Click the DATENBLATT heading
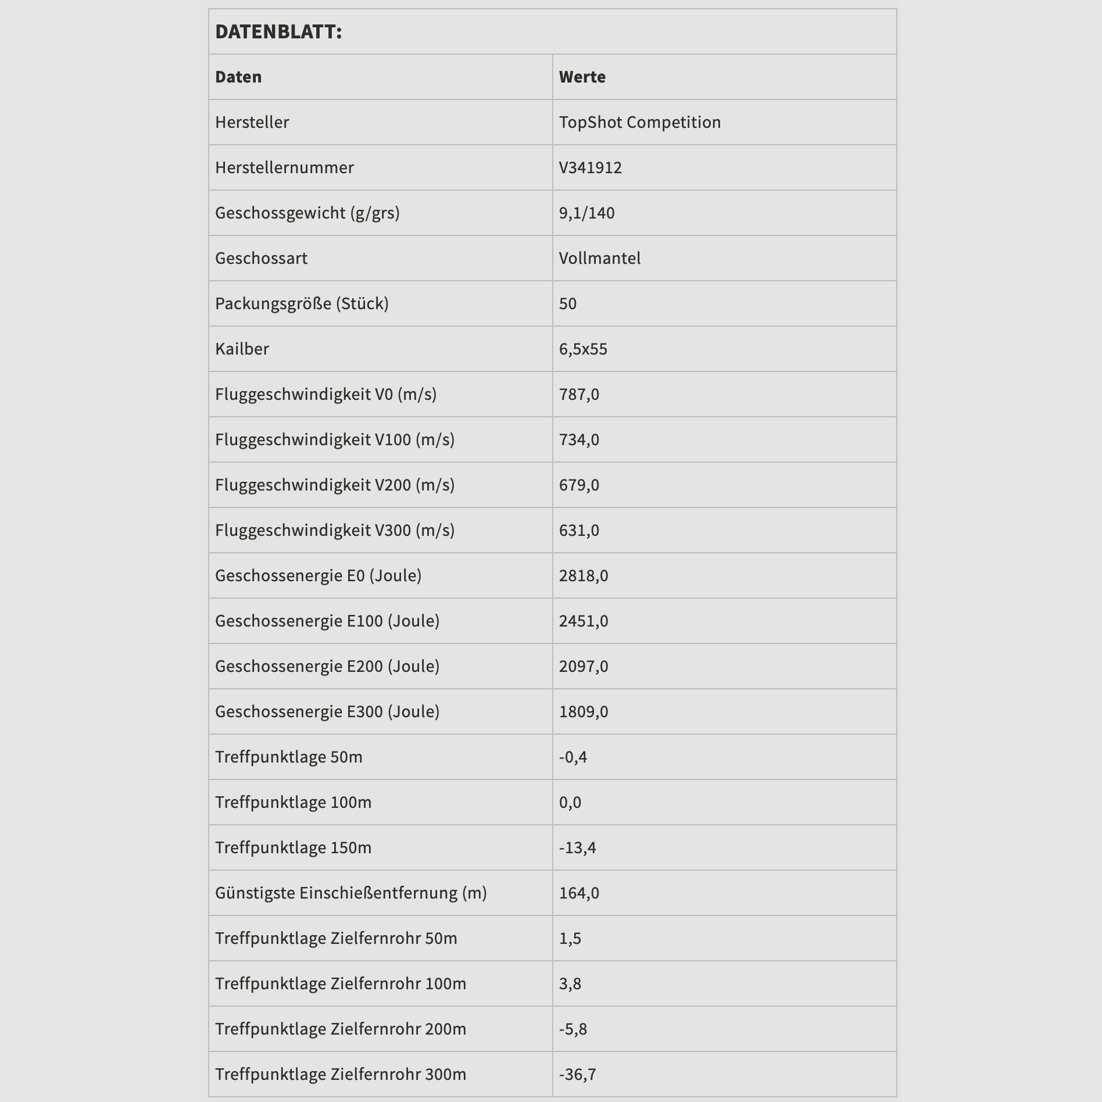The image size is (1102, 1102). pyautogui.click(x=278, y=32)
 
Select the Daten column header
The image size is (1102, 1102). pyautogui.click(x=238, y=77)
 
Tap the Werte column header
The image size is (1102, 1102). pyautogui.click(x=582, y=77)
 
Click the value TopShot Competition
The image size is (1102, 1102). pyautogui.click(x=639, y=122)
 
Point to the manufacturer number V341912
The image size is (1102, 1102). pyautogui.click(x=590, y=167)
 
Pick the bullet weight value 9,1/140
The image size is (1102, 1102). pyautogui.click(x=586, y=213)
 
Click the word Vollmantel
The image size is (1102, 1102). pyautogui.click(x=599, y=258)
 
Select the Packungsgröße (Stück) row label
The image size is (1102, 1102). pyautogui.click(x=302, y=303)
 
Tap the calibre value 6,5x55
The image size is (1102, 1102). pyautogui.click(x=583, y=349)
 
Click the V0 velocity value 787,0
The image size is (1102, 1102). pyautogui.click(x=579, y=394)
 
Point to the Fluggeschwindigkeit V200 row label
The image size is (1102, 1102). pyautogui.click(x=335, y=485)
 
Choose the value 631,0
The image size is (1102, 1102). pyautogui.click(x=579, y=530)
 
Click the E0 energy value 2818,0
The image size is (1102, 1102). pyautogui.click(x=584, y=575)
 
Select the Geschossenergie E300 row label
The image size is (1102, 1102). pyautogui.click(x=327, y=711)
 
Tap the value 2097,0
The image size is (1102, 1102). pyautogui.click(x=584, y=666)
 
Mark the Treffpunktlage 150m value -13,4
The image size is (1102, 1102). pyautogui.click(x=577, y=847)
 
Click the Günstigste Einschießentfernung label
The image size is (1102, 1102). pyautogui.click(x=350, y=893)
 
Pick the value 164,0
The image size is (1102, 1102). pyautogui.click(x=579, y=893)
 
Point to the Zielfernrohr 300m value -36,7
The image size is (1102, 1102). pyautogui.click(x=577, y=1074)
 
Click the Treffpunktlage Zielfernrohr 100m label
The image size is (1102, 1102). pyautogui.click(x=341, y=983)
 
